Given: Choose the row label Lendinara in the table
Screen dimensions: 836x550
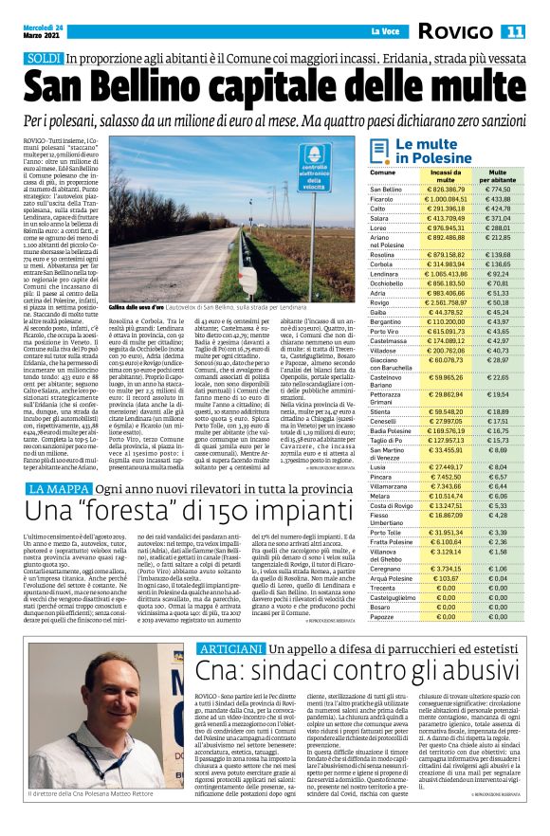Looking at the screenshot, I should click(x=384, y=273).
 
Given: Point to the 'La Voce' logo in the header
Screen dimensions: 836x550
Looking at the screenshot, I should click(x=383, y=31).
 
